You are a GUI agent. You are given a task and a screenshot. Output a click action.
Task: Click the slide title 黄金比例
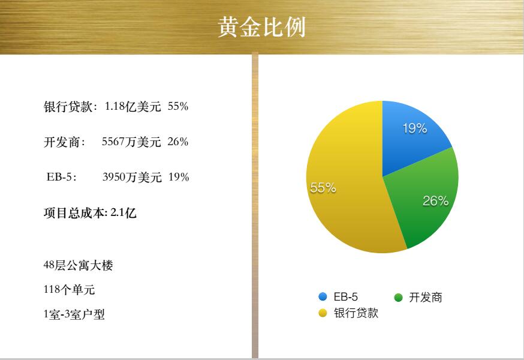pos(261,27)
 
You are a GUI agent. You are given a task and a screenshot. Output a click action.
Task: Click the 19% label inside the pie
pos(415,128)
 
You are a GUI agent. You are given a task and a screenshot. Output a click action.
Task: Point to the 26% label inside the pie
pos(435,201)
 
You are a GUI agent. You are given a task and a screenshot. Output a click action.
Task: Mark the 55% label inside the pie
pos(323,188)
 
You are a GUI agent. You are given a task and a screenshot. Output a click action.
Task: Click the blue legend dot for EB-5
pos(323,297)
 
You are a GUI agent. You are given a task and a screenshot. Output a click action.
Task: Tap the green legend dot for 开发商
pos(398,297)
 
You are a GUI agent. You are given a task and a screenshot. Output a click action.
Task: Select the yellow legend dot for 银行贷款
pos(323,313)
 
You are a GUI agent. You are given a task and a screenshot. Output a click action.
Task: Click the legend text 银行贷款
pos(356,313)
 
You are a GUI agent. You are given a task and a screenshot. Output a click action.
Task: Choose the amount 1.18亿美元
pos(132,106)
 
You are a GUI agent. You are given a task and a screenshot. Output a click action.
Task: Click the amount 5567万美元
pos(131,142)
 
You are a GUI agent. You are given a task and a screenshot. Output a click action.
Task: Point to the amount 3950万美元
pos(132,177)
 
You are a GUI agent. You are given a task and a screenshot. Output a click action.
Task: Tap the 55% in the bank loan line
pos(178,106)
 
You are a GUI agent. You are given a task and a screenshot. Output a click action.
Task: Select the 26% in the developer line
pos(178,142)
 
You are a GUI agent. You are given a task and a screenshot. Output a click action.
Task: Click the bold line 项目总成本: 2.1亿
pos(90,213)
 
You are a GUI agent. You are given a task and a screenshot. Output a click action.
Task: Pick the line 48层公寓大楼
pos(78,265)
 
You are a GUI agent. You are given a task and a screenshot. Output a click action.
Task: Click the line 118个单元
pos(69,289)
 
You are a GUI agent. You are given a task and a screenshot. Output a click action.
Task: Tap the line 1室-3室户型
pos(74,314)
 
